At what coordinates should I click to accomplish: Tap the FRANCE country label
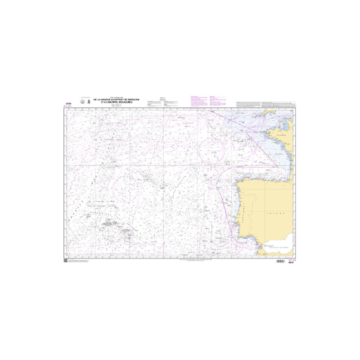[282, 135]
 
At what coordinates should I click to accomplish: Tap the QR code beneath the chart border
[65, 261]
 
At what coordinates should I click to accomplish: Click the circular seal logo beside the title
[82, 102]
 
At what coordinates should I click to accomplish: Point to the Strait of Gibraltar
[259, 251]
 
